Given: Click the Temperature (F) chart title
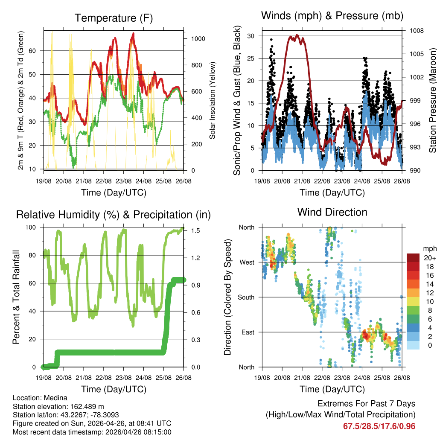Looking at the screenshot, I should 114,18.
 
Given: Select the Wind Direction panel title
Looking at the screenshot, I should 332,212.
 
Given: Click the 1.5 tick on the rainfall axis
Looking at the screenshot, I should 195,230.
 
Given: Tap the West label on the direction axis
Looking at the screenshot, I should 246,262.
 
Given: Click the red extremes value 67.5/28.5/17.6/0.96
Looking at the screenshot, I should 379,426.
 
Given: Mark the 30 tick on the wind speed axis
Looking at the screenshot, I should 252,36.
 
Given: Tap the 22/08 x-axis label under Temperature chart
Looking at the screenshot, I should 103,180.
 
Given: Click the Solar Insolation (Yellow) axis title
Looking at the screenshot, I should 212,100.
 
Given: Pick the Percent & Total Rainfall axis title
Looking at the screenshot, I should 16,297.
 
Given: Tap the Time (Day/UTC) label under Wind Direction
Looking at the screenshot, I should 332,389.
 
